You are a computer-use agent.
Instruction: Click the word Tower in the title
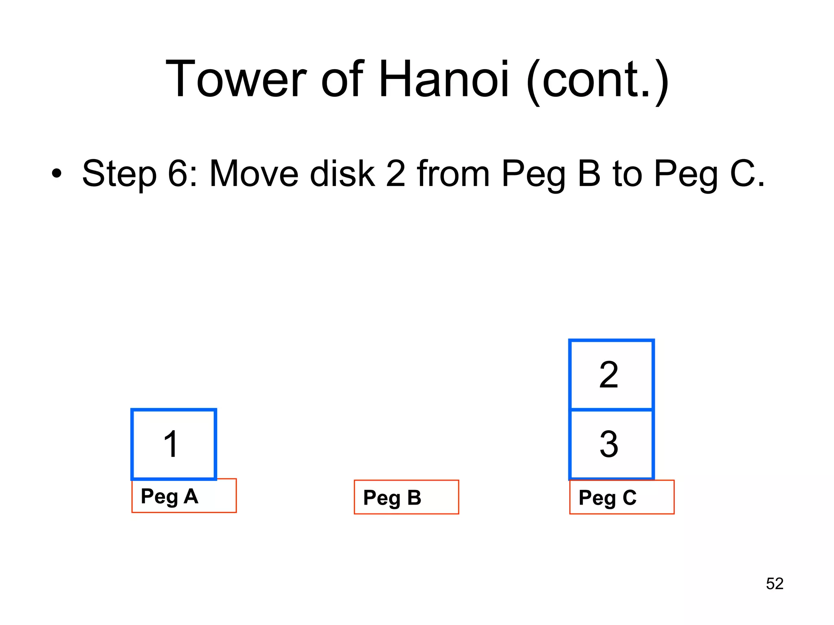[236, 79]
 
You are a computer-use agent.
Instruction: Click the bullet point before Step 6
[57, 174]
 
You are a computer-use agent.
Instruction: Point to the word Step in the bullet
[119, 174]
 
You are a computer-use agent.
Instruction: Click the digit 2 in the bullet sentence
[396, 174]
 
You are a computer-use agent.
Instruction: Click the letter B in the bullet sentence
[589, 174]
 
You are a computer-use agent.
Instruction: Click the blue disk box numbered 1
[173, 444]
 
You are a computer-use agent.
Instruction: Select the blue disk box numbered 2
[611, 374]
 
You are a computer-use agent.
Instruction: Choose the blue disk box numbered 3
[611, 444]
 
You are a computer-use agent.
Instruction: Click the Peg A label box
[184, 496]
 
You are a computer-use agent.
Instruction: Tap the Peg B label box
[406, 497]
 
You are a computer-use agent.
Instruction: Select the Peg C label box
[622, 497]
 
